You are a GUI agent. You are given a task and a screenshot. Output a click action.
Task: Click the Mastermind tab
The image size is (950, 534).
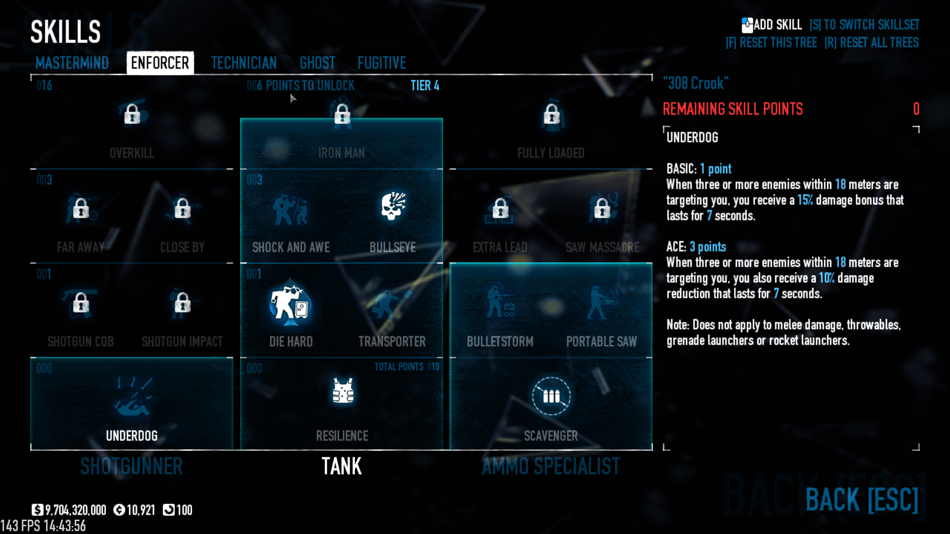point(72,63)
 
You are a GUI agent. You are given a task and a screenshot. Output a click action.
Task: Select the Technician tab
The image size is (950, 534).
point(244,63)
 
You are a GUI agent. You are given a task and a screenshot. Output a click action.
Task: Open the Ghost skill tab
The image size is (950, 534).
point(317,63)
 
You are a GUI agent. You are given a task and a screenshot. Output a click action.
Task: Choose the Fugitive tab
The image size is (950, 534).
point(382,63)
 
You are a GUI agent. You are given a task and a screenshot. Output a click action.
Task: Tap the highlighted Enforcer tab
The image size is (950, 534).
point(160,63)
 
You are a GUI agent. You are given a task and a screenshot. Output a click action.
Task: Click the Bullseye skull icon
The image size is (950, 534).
point(393,207)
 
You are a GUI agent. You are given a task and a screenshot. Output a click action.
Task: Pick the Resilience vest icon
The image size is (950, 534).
point(343,391)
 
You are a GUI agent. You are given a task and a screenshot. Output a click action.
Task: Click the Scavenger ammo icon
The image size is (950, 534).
point(551,396)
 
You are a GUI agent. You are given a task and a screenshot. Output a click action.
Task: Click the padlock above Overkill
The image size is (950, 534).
point(132,114)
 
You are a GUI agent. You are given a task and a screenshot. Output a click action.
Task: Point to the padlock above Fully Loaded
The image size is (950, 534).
point(551,114)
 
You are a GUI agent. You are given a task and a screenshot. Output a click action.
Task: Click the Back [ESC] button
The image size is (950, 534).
point(861,499)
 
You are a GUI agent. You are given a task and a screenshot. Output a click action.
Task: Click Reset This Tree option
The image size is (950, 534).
point(771,43)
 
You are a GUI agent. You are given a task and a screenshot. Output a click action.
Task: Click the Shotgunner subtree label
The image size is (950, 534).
point(132,466)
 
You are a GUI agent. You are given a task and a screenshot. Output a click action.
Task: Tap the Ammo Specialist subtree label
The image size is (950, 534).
point(550,466)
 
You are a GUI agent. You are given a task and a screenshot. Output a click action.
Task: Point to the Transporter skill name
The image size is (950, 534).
point(392,341)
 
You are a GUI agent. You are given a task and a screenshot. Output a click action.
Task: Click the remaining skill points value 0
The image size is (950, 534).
point(916,109)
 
